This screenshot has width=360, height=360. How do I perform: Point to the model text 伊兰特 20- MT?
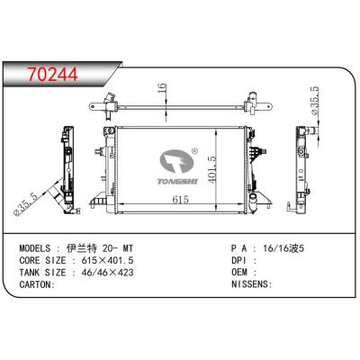[113, 246]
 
